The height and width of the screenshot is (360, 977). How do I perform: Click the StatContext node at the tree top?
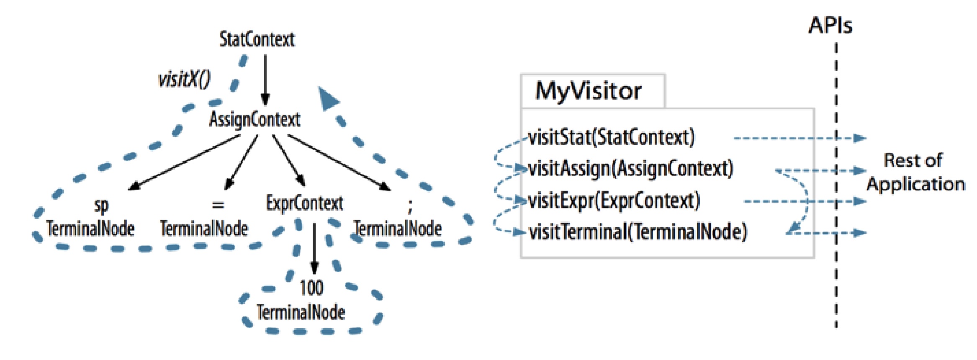(x=257, y=40)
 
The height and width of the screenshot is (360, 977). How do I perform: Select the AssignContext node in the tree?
(x=255, y=120)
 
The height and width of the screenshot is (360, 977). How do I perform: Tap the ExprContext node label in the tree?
(x=304, y=203)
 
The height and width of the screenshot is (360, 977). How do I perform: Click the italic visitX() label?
(x=184, y=79)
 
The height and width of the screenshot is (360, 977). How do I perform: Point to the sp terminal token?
(x=101, y=206)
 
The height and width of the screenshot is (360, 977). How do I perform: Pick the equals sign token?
(x=218, y=205)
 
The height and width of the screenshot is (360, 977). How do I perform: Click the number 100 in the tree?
(x=311, y=288)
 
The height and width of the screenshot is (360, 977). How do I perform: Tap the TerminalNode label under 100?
(x=301, y=312)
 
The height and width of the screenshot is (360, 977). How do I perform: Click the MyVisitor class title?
(x=588, y=91)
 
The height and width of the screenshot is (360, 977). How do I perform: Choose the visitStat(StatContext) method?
(x=611, y=137)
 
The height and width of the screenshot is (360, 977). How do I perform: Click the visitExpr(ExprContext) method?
(x=614, y=201)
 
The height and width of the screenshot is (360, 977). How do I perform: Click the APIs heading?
(x=830, y=26)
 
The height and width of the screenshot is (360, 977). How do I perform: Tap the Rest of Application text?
(x=915, y=172)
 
